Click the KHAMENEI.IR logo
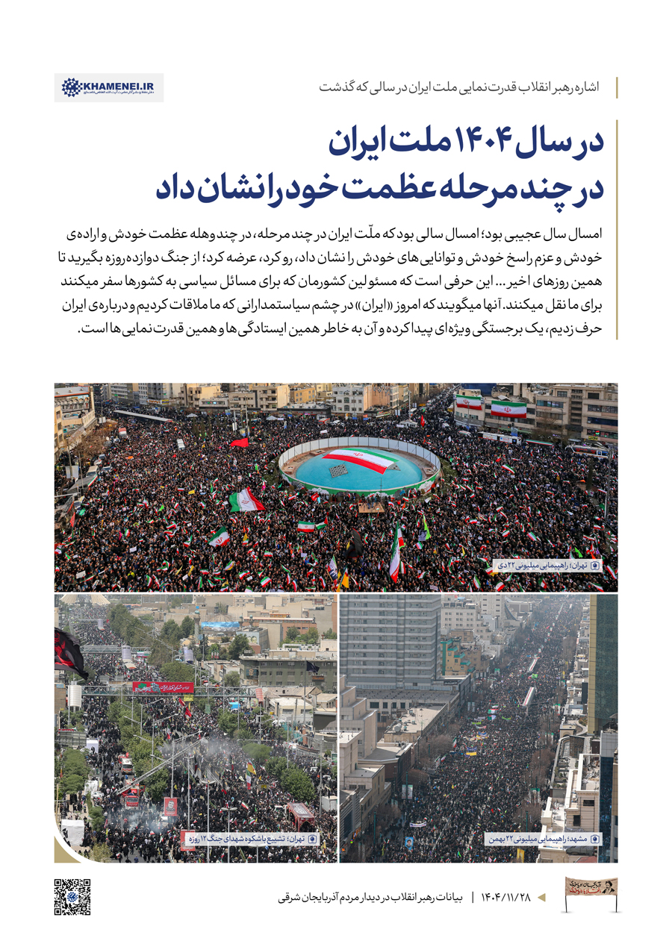pos(109,87)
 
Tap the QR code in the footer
pos(72,896)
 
